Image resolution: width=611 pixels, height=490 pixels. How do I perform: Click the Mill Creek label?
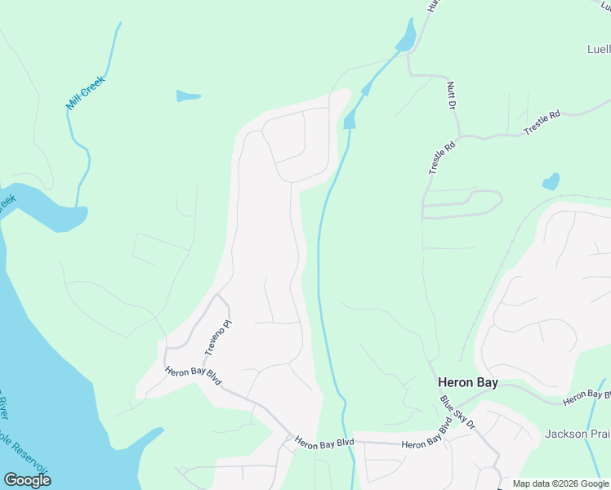click(x=86, y=92)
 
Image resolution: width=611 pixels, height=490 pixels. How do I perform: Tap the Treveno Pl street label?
click(x=214, y=337)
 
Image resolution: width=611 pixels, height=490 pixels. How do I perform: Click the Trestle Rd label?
click(x=542, y=122)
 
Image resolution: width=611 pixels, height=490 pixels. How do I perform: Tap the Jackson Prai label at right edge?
click(x=577, y=434)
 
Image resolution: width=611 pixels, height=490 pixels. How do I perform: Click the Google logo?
click(x=27, y=480)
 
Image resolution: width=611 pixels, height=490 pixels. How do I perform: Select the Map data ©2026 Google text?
click(x=560, y=483)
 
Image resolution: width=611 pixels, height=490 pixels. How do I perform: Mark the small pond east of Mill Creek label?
click(x=188, y=96)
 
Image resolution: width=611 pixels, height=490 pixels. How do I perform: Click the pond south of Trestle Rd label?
click(x=551, y=181)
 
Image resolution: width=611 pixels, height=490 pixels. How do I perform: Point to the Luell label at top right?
click(x=598, y=49)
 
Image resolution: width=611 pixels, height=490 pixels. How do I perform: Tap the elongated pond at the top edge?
click(x=405, y=35)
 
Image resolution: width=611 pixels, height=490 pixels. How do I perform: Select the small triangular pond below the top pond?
click(x=350, y=122)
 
